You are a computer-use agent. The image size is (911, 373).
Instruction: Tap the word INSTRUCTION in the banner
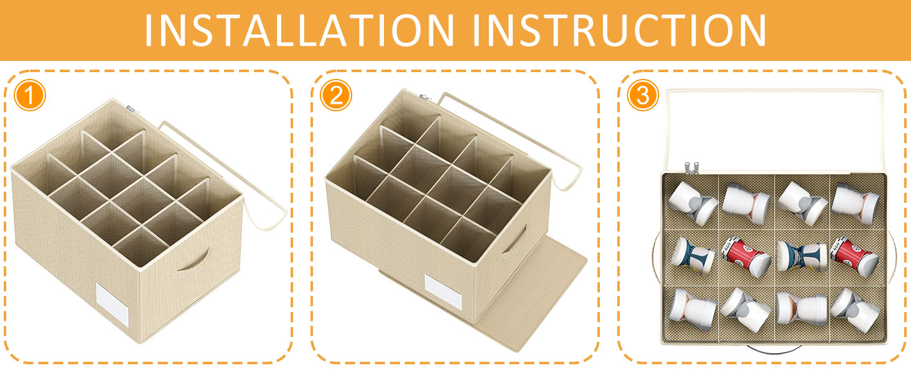tap(619, 30)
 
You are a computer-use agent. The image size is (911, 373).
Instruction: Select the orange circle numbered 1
tap(30, 96)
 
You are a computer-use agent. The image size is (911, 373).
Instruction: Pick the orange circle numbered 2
tap(336, 96)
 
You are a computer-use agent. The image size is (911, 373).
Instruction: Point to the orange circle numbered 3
tap(643, 96)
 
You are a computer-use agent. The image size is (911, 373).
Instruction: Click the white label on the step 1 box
tap(112, 305)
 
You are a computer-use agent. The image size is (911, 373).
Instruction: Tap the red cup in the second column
tap(746, 257)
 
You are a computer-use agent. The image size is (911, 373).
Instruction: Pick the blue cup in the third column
tap(801, 257)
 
